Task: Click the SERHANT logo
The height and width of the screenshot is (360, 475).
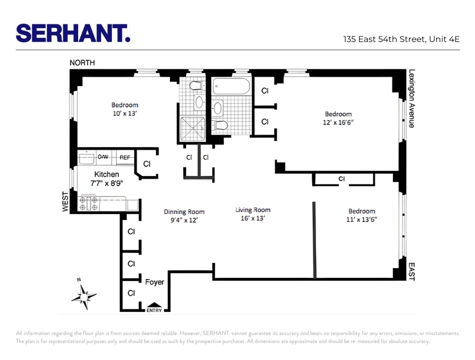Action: click(73, 33)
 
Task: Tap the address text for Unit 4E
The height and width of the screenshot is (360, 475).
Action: click(401, 39)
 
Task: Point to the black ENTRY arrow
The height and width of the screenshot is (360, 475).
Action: click(154, 305)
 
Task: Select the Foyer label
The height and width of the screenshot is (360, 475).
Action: click(154, 282)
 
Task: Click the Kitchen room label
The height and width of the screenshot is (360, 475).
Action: click(106, 174)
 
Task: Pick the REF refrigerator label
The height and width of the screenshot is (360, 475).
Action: click(125, 157)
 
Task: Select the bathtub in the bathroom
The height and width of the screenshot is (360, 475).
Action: click(230, 86)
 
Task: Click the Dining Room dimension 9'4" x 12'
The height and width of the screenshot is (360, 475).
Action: click(184, 219)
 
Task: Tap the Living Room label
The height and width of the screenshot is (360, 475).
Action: click(253, 210)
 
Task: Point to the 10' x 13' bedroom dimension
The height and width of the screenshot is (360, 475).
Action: click(124, 113)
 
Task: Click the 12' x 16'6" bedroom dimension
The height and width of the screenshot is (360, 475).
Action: click(338, 122)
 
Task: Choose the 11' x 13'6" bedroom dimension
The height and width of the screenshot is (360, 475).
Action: click(361, 219)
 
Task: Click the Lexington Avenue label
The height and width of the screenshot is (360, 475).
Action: click(411, 98)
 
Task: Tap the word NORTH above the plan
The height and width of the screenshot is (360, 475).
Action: click(82, 63)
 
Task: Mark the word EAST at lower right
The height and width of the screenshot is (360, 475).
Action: click(411, 272)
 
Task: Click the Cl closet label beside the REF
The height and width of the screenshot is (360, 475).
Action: click(147, 163)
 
